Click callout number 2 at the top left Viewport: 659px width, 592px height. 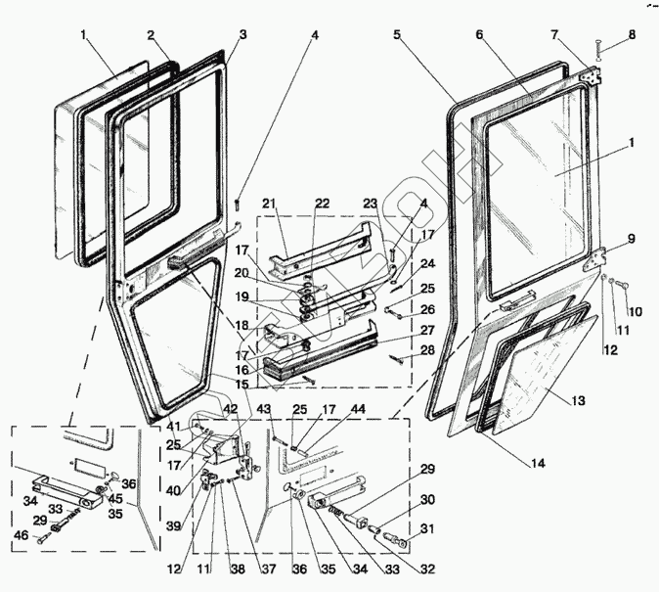151,35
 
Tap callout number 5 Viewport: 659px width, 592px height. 397,34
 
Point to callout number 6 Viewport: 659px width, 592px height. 480,34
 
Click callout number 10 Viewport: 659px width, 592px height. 634,312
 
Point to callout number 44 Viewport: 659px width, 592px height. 331,408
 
